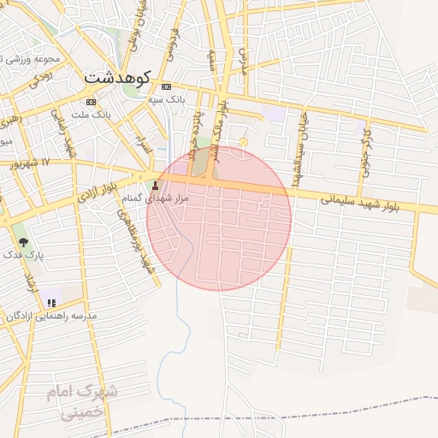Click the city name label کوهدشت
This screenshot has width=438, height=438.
click(117, 77)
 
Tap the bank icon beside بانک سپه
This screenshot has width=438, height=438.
click(166, 86)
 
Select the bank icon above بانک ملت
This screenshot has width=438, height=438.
click(92, 101)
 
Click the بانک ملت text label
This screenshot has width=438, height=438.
click(91, 114)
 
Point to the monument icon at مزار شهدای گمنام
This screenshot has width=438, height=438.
click(155, 186)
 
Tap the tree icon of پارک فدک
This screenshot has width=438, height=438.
click(22, 242)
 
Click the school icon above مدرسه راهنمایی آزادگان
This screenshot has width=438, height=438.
click(52, 302)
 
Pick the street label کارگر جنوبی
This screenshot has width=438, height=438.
click(365, 151)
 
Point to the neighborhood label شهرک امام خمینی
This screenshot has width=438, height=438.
click(83, 401)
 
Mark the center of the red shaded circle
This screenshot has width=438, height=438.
click(219, 218)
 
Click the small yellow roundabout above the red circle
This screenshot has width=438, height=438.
click(243, 141)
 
